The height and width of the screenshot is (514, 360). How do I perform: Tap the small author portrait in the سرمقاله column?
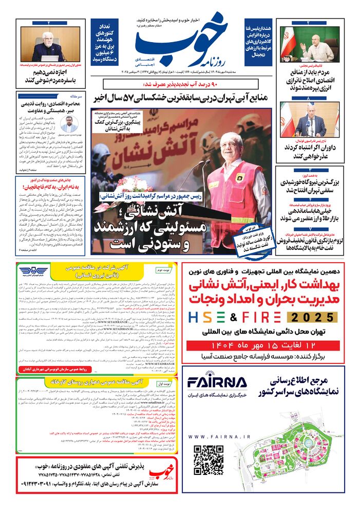(68, 124)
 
